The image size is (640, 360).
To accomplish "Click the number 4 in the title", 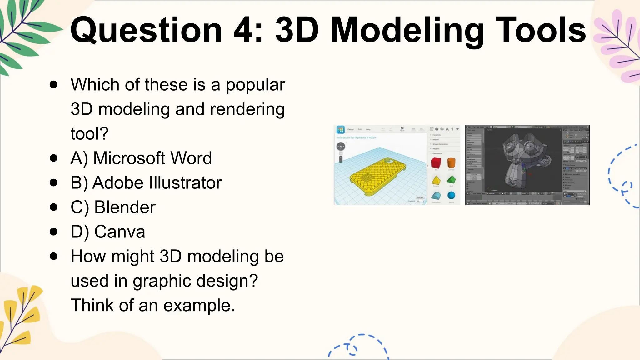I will (244, 30).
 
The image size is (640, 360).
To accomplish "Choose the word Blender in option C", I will (125, 207).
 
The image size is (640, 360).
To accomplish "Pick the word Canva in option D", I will (120, 232).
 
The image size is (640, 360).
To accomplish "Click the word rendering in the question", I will (247, 109).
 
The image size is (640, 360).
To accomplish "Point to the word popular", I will (255, 85).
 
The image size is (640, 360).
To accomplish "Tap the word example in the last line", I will (199, 305).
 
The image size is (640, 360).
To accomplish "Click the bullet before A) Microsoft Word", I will (54, 158).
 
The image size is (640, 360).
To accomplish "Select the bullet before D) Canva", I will (54, 232).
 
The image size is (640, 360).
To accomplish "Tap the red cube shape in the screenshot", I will (436, 163).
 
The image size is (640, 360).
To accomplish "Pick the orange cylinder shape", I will (451, 162).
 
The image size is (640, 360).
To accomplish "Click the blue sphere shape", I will (451, 196).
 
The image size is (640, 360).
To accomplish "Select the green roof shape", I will (451, 180).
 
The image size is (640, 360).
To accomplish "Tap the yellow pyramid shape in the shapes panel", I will (436, 180).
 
